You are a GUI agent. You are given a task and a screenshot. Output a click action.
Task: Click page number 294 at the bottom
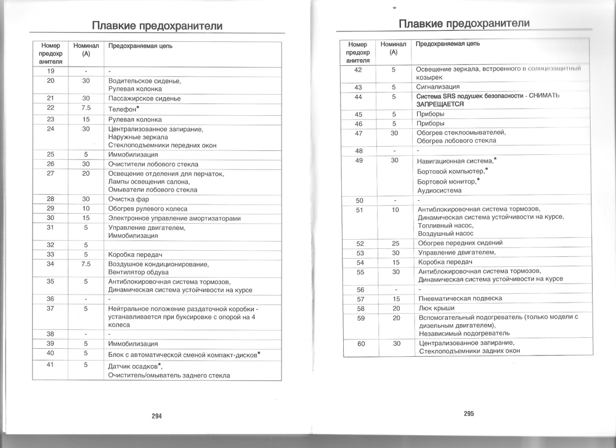(156, 416)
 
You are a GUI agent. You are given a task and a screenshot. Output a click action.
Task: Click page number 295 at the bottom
(469, 414)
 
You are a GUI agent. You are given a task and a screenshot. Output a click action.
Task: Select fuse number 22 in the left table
(51, 108)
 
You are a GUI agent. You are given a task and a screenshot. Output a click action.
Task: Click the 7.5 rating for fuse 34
(86, 264)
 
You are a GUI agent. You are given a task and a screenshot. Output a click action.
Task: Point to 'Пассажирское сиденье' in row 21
(144, 99)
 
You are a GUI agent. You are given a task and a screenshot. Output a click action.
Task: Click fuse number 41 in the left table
(51, 365)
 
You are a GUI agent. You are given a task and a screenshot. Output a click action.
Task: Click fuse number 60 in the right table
(361, 343)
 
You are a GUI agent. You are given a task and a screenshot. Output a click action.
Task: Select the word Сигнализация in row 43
(438, 88)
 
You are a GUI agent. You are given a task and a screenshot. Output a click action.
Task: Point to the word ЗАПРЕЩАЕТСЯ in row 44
(440, 104)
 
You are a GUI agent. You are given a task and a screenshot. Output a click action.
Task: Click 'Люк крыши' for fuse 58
(436, 308)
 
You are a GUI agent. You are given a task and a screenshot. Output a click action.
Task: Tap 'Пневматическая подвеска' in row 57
(460, 298)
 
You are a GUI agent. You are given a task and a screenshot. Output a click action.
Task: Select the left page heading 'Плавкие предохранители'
(157, 26)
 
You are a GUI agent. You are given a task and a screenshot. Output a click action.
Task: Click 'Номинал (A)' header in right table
(394, 48)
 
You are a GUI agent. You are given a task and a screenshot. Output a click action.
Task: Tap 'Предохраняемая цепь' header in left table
(140, 46)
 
